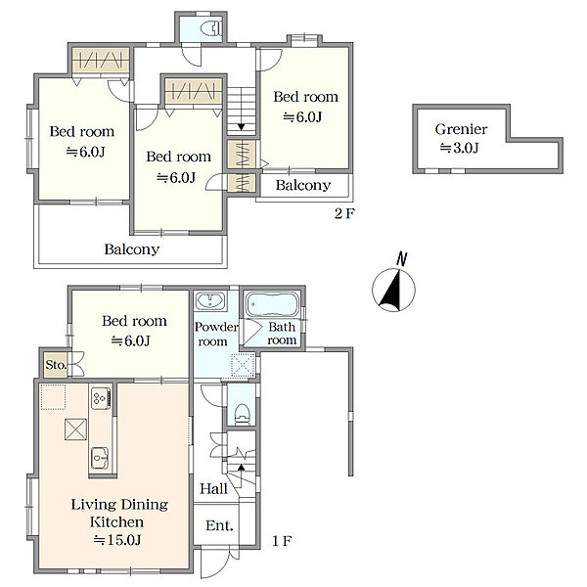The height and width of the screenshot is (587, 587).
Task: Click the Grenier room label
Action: (x=461, y=129)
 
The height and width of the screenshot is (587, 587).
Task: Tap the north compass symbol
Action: (x=394, y=286)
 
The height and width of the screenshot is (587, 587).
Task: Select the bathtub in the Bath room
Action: (x=272, y=304)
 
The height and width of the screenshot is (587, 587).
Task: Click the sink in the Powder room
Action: (x=210, y=301)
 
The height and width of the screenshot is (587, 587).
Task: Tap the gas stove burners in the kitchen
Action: (x=101, y=398)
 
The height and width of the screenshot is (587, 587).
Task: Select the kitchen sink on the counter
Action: (x=100, y=458)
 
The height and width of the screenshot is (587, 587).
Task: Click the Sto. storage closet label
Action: (x=56, y=364)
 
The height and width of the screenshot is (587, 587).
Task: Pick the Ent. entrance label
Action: (x=219, y=525)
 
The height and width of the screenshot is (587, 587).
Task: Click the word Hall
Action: (x=213, y=488)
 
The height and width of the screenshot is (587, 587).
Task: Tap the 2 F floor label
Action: (x=344, y=213)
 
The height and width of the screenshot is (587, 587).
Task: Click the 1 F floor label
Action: (x=282, y=541)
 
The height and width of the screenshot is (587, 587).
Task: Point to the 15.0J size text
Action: (x=117, y=540)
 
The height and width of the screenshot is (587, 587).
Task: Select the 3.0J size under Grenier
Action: (x=459, y=148)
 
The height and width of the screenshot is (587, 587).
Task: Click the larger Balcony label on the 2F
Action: (x=132, y=249)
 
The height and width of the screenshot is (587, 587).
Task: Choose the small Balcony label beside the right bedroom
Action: (x=303, y=185)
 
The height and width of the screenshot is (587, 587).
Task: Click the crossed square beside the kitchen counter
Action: (x=75, y=429)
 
